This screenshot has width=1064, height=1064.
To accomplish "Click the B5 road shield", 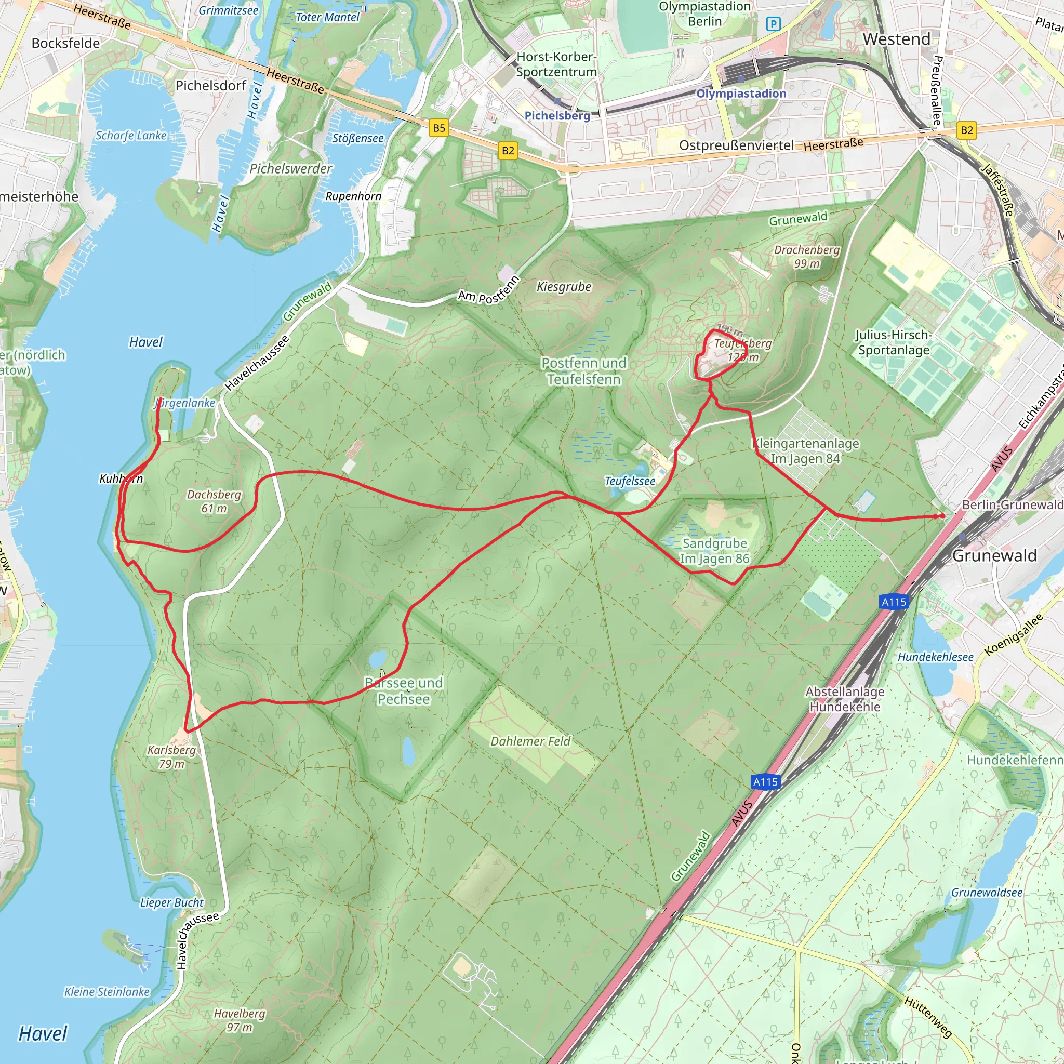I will pyautogui.click(x=438, y=128).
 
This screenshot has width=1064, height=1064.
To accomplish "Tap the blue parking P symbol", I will pyautogui.click(x=773, y=24).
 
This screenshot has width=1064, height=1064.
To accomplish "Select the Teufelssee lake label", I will pyautogui.click(x=630, y=481).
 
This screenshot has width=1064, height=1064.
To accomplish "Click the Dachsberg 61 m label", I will pyautogui.click(x=214, y=501).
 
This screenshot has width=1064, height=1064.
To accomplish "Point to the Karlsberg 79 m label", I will pyautogui.click(x=171, y=756).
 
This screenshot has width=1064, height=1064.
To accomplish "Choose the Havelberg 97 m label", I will pyautogui.click(x=240, y=1020).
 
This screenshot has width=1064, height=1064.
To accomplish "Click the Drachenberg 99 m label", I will pyautogui.click(x=807, y=257).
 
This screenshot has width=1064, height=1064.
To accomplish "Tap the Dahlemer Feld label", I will pyautogui.click(x=530, y=741).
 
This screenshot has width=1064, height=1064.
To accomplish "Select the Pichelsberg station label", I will pyautogui.click(x=557, y=116).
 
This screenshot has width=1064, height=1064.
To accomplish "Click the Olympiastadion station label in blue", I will pyautogui.click(x=741, y=94).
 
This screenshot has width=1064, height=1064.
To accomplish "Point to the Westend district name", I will pyautogui.click(x=896, y=39).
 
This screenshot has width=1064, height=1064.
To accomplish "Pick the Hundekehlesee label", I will pyautogui.click(x=935, y=657).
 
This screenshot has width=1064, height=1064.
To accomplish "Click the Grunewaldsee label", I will pyautogui.click(x=987, y=893).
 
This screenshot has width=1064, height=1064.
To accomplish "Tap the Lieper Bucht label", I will pyautogui.click(x=171, y=902).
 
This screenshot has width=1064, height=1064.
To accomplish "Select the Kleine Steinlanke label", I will pyautogui.click(x=107, y=992).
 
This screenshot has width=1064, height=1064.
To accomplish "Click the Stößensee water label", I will pyautogui.click(x=357, y=138).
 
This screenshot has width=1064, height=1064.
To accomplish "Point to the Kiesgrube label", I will pyautogui.click(x=564, y=286).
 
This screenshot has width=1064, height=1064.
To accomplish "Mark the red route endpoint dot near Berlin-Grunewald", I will pyautogui.click(x=942, y=516).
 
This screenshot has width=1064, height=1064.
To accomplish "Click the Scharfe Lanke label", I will pyautogui.click(x=131, y=136).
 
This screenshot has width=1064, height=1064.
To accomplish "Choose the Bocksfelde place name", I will pyautogui.click(x=65, y=44).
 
